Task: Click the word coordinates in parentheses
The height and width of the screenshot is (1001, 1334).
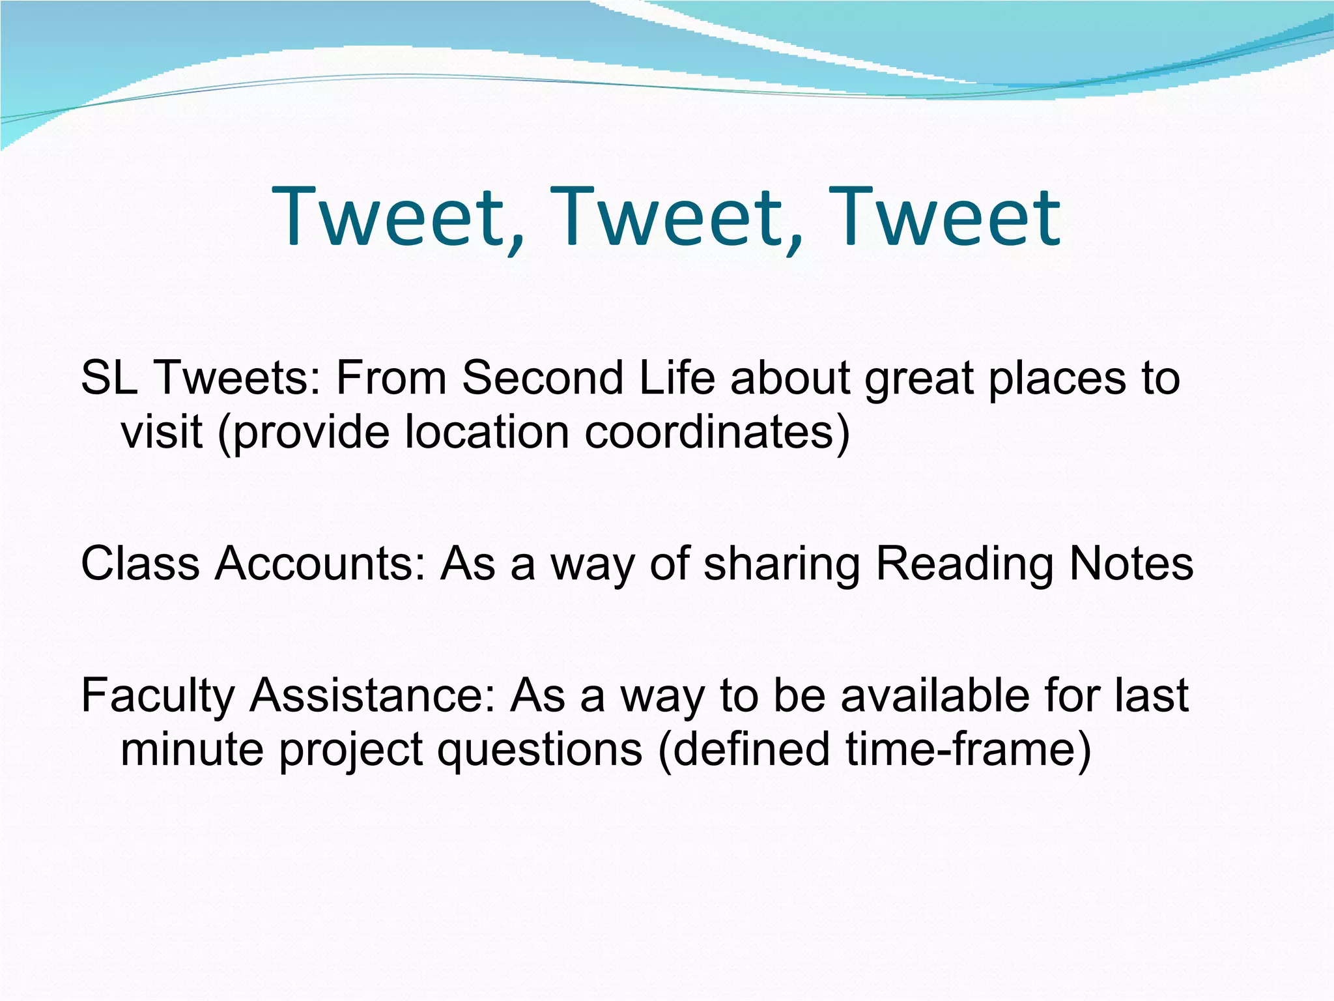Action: [x=709, y=431]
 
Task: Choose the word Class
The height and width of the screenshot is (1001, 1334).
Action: [x=140, y=564]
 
